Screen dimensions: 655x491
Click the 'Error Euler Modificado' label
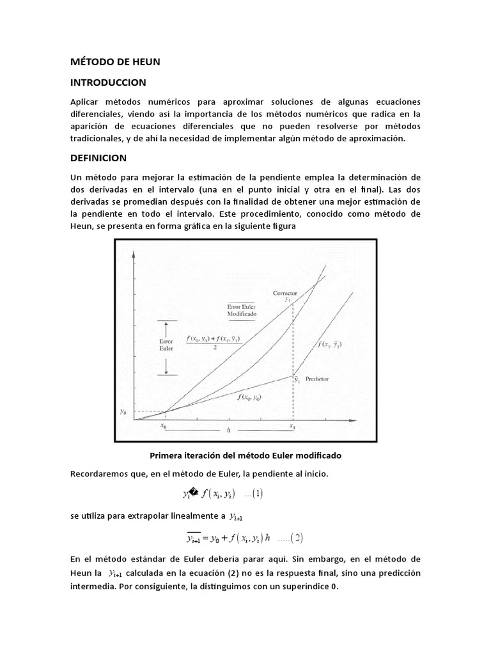[240, 310]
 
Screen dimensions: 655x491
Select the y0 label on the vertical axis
[123, 412]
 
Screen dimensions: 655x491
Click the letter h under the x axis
[228, 430]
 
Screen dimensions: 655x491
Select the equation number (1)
[259, 494]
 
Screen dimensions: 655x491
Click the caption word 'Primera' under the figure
[166, 455]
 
